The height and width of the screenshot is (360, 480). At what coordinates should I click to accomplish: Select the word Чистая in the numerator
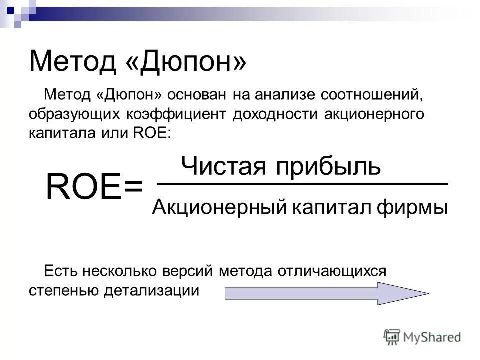coord(223,165)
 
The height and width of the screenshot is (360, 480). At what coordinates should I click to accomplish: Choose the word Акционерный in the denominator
coord(215,207)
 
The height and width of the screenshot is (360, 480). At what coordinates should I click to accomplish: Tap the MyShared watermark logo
coord(423,336)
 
